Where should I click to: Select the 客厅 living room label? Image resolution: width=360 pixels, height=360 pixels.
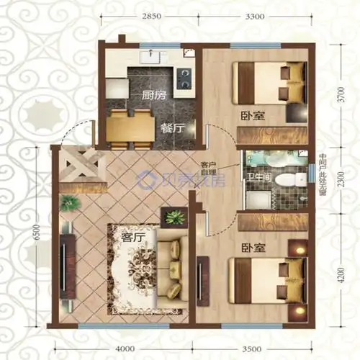click(134, 235)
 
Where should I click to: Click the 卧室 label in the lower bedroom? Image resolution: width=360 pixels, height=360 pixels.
click(253, 248)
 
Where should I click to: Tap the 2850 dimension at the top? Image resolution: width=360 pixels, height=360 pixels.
click(151, 15)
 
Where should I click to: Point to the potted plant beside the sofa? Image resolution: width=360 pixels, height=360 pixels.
click(175, 217)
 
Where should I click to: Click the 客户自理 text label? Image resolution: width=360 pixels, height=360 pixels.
click(209, 168)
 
